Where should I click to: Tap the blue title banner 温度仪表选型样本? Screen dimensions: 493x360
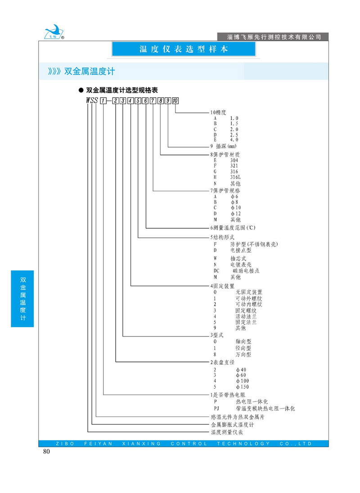tap(184, 49)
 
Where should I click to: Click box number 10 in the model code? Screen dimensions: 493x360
tap(175, 100)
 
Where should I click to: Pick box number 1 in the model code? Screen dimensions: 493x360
tap(103, 100)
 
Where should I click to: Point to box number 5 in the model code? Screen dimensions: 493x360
tap(138, 100)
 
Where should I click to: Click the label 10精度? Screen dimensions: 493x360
tap(218, 112)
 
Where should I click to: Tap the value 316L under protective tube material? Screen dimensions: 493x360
tap(235, 177)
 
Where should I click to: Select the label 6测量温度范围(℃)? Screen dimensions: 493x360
tap(233, 228)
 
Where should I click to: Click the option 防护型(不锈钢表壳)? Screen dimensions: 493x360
tap(254, 244)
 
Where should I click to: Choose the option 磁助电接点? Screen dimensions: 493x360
tap(246, 271)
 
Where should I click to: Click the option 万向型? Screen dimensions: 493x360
tap(243, 354)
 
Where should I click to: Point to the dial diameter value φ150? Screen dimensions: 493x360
tap(242, 387)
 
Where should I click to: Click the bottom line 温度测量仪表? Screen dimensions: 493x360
tap(227, 432)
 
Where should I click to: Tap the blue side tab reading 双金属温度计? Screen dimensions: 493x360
tap(22, 299)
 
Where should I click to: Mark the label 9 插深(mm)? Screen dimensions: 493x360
tap(223, 146)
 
